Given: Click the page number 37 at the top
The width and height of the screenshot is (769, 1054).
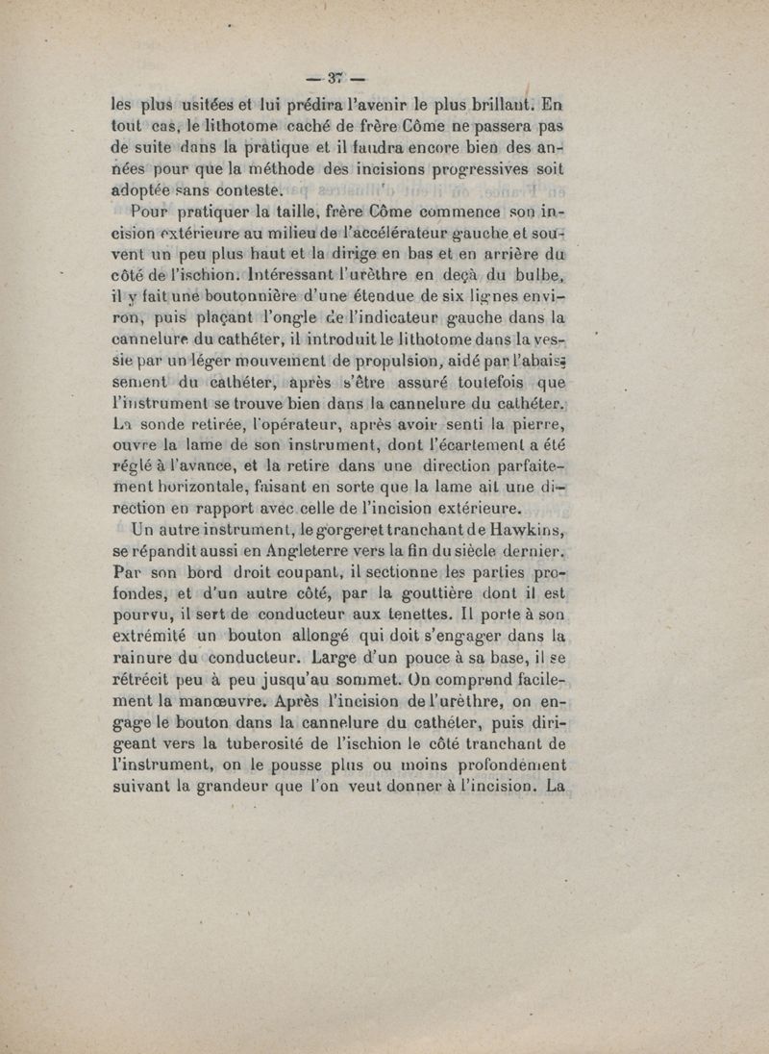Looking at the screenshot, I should [x=335, y=79].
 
